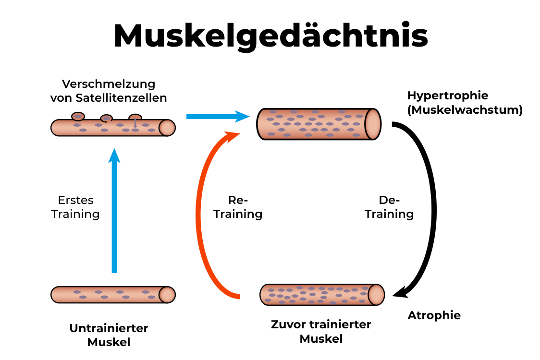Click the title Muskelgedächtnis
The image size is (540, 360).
coord(270,36)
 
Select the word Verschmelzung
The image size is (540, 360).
coord(109,84)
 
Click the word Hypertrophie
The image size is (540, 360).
coord(447,96)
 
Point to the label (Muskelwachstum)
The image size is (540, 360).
coord(464,110)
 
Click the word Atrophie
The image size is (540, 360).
coord(434,315)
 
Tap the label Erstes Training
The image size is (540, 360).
coord(75,207)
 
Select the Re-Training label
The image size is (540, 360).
coord(238,207)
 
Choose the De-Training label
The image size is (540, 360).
coord(389,207)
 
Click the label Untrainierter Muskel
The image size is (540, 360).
coord(109,335)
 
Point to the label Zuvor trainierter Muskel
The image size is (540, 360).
coord(321,331)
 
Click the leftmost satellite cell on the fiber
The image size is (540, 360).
coord(77,116)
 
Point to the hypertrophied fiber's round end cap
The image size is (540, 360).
coord(372,124)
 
